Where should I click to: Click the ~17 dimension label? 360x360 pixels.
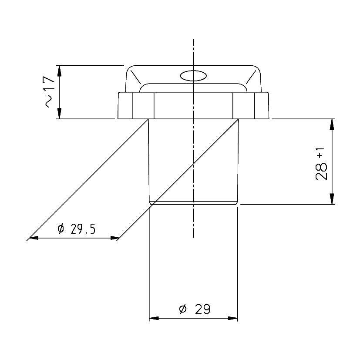(x=50, y=91)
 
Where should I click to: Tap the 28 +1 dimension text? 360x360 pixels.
(x=321, y=164)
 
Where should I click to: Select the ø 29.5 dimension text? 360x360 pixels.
(x=76, y=229)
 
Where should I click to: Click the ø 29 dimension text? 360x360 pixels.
(x=195, y=309)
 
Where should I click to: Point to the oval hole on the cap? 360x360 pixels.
(x=193, y=76)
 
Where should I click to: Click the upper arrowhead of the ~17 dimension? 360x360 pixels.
(x=59, y=71)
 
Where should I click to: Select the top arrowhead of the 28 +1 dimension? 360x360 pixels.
(x=332, y=124)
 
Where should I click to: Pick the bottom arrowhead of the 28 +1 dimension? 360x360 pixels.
(x=332, y=199)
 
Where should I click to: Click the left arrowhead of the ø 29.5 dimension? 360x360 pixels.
(x=34, y=238)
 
